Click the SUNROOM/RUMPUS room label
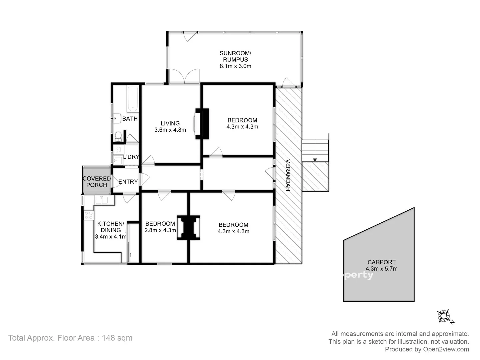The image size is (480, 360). click(235, 56)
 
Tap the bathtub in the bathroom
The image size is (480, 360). click(132, 99)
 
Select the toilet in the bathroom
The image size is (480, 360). click(118, 136)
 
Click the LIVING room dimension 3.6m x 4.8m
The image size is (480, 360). click(170, 130)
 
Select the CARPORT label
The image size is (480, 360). click(381, 262)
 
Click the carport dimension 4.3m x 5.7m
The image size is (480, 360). click(381, 269)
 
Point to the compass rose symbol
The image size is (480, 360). click(445, 316)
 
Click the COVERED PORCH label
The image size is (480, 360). click(96, 182)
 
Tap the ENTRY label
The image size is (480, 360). click(128, 182)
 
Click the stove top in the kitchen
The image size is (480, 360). click(88, 215)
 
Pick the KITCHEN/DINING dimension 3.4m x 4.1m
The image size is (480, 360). click(111, 237)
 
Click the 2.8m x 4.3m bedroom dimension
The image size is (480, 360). click(160, 230)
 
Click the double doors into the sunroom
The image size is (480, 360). click(184, 76)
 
